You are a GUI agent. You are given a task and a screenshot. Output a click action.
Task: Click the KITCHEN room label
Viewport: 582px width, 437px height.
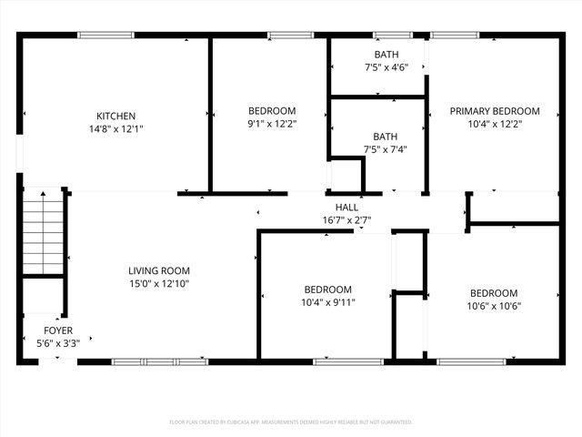(116, 116)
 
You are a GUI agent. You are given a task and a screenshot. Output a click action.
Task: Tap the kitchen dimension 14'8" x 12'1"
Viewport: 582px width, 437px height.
(116, 129)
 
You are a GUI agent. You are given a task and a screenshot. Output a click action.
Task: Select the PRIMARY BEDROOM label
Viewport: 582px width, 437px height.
(495, 111)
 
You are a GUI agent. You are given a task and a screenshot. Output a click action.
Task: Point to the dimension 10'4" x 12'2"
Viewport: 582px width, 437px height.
(495, 125)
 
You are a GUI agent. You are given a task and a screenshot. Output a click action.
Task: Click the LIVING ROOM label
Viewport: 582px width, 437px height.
(158, 270)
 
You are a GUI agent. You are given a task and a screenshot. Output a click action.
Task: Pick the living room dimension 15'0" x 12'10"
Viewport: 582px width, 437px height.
(158, 284)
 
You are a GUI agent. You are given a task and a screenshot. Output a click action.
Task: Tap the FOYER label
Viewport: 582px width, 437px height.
(58, 330)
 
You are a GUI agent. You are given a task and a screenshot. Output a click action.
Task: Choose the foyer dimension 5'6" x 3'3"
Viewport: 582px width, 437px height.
(58, 343)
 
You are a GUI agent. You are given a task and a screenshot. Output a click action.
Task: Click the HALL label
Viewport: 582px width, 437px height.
(346, 208)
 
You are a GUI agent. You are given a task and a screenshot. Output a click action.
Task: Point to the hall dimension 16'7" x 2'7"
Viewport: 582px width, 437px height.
(346, 220)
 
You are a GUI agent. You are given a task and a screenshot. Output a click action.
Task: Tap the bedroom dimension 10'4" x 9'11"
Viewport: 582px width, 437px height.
(327, 302)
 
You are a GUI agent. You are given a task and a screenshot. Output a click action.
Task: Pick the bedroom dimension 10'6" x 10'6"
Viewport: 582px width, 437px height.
(494, 306)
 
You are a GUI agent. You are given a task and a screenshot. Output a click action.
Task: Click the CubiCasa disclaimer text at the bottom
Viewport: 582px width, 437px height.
(291, 422)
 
